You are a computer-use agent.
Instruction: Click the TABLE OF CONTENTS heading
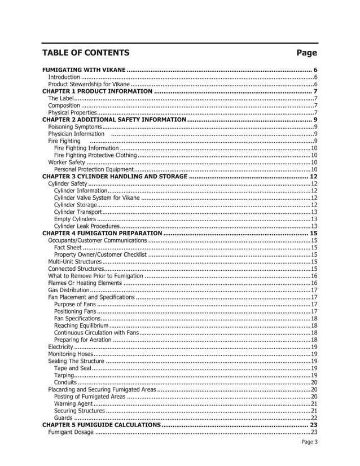pos(86,53)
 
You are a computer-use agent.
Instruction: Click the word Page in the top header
pos(307,53)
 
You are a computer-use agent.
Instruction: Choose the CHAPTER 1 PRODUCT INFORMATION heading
pos(98,91)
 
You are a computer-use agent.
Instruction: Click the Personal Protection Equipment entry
pos(93,169)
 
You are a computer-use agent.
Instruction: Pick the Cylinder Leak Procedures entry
pos(86,226)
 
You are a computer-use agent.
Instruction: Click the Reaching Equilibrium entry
pos(81,326)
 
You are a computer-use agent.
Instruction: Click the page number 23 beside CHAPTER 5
pos(314,425)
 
